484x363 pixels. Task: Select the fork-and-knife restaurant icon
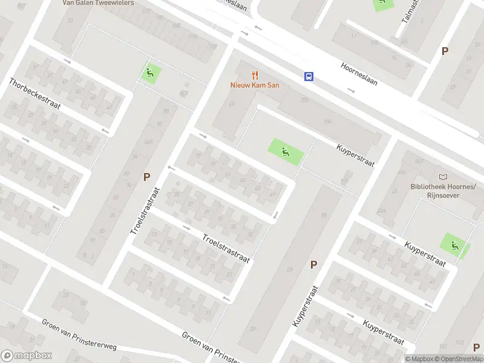pyautogui.click(x=255, y=76)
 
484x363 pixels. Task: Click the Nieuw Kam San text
pyautogui.click(x=254, y=85)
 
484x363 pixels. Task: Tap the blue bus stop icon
pyautogui.click(x=309, y=76)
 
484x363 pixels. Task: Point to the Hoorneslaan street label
pyautogui.click(x=359, y=74)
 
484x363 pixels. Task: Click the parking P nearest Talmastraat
pyautogui.click(x=445, y=51)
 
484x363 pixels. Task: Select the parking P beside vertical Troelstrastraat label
pyautogui.click(x=146, y=177)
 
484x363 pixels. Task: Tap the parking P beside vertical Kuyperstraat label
pyautogui.click(x=313, y=264)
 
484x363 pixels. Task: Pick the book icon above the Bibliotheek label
pyautogui.click(x=443, y=177)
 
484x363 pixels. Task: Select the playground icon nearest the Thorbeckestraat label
pyautogui.click(x=150, y=74)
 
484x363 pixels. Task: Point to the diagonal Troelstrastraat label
pyautogui.click(x=226, y=249)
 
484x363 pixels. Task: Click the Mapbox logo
pyautogui.click(x=26, y=356)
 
